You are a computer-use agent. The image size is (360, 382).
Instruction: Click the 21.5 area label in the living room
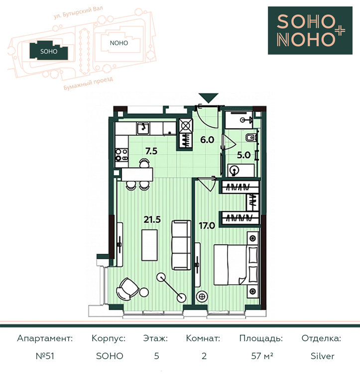coord(152,219)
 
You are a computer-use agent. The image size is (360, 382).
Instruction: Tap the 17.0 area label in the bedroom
coord(207,226)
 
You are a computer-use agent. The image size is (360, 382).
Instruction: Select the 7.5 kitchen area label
coord(151,151)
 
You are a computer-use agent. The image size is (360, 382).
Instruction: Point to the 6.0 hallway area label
coord(207,140)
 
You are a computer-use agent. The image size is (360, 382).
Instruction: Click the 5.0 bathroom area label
coord(243,155)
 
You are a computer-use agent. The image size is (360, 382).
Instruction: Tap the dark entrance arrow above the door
coord(208,98)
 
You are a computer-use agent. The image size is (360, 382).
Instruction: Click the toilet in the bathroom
coord(250,137)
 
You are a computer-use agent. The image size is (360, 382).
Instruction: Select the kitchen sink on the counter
coord(143,128)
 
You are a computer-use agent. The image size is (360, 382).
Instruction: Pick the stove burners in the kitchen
coord(121,155)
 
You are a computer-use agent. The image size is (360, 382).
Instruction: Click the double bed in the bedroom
coord(236,264)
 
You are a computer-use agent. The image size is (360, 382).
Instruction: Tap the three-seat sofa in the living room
coord(181,245)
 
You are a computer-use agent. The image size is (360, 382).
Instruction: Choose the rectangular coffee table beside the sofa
coord(149,245)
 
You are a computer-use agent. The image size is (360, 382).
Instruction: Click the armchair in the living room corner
coord(127,289)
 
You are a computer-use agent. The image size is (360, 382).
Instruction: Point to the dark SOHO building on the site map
coord(49,51)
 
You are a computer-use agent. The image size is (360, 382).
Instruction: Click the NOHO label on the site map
coord(119,43)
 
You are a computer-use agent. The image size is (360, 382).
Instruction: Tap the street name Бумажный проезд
coord(88,83)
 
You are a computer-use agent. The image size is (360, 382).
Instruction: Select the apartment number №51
coord(45,356)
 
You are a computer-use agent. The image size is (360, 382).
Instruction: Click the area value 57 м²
coord(262,356)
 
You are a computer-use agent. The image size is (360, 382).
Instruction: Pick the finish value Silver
coord(323,356)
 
